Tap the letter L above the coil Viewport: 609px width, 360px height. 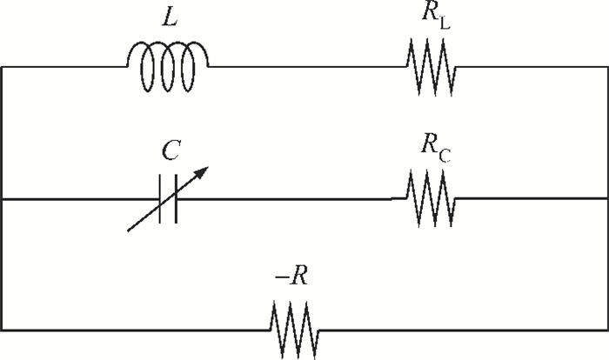[170, 17]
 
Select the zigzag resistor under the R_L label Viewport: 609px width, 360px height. [432, 67]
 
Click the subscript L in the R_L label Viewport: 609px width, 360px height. [445, 23]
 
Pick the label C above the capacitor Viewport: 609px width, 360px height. [171, 150]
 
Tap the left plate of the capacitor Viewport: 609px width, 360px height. [160, 199]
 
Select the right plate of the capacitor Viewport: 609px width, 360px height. [176, 199]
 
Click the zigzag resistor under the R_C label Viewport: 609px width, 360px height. [432, 198]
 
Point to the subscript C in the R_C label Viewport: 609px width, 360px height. [445, 156]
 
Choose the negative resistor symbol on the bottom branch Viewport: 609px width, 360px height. [294, 330]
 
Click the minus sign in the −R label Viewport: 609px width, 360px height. [281, 277]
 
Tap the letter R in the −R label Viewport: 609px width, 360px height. [298, 277]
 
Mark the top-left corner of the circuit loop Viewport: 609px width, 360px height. [2, 67]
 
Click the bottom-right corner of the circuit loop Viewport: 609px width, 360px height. [607, 330]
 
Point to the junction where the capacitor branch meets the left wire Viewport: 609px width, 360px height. [2, 199]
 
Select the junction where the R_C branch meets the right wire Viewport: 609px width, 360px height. [607, 198]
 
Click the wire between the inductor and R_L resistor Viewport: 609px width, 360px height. [308, 67]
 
